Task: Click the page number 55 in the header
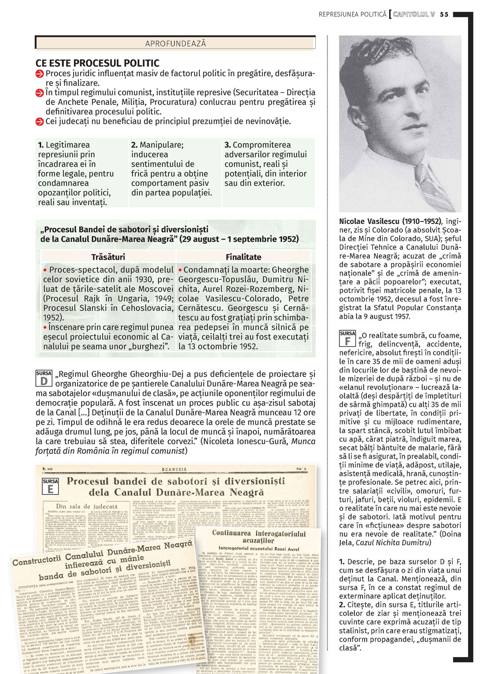click(444, 15)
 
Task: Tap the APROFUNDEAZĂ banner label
click(176, 44)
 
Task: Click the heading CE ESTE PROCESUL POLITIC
click(97, 63)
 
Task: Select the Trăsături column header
click(108, 257)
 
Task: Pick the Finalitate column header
click(243, 257)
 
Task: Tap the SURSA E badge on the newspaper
click(50, 486)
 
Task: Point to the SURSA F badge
click(347, 338)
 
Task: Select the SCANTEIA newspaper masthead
click(174, 469)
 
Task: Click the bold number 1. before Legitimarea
click(41, 145)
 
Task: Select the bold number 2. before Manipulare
click(134, 145)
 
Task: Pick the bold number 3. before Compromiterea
click(227, 145)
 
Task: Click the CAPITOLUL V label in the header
click(414, 15)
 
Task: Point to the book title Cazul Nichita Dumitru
click(393, 543)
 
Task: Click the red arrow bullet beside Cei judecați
click(40, 121)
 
